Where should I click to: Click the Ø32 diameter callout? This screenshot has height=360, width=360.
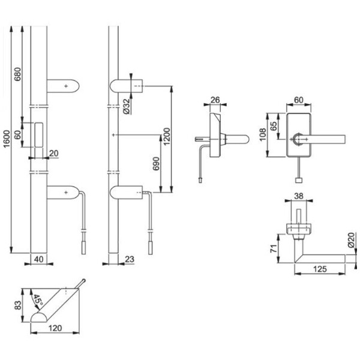(x=127, y=106)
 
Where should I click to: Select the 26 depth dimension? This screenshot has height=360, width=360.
(x=217, y=101)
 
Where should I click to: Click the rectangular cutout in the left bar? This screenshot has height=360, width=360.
(x=40, y=134)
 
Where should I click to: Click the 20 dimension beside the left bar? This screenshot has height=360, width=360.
(x=54, y=154)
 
